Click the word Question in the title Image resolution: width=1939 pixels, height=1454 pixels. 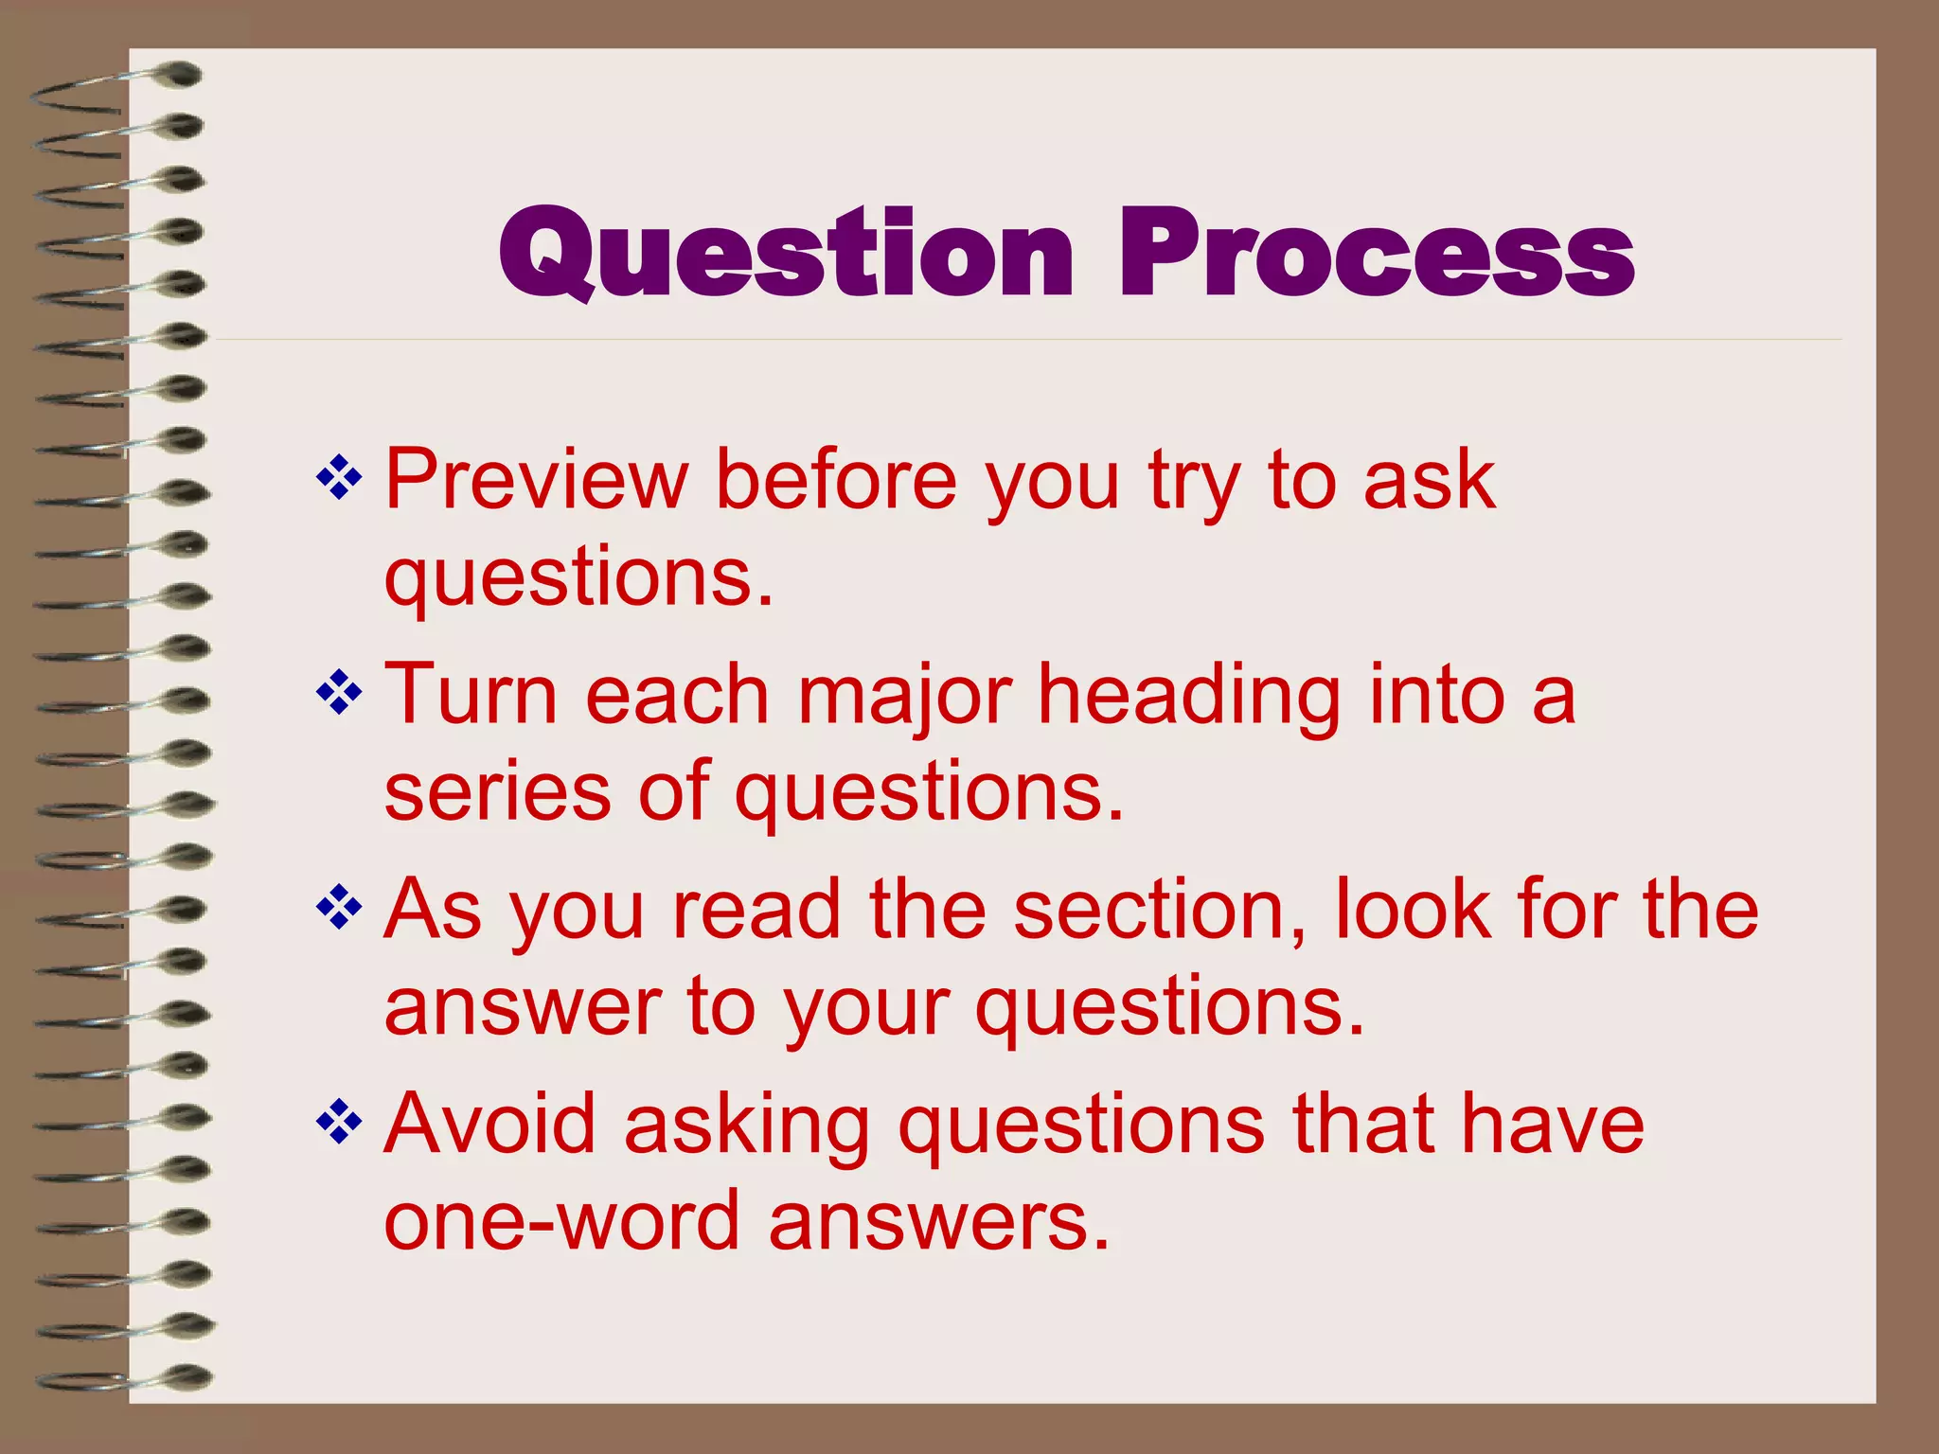click(x=786, y=254)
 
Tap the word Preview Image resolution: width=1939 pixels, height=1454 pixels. click(x=536, y=480)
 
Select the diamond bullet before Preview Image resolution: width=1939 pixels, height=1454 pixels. click(x=339, y=478)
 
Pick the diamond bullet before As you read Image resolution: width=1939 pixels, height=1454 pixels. click(x=339, y=909)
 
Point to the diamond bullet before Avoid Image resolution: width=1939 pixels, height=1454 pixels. click(x=339, y=1123)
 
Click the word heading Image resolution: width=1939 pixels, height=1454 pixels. click(x=1189, y=697)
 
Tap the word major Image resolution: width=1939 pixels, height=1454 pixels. click(x=905, y=697)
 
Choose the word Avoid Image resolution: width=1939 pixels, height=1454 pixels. click(x=489, y=1124)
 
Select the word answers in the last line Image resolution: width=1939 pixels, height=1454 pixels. click(x=937, y=1221)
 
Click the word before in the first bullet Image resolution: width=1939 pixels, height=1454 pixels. click(x=836, y=480)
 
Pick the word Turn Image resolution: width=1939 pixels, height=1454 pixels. click(x=471, y=695)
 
